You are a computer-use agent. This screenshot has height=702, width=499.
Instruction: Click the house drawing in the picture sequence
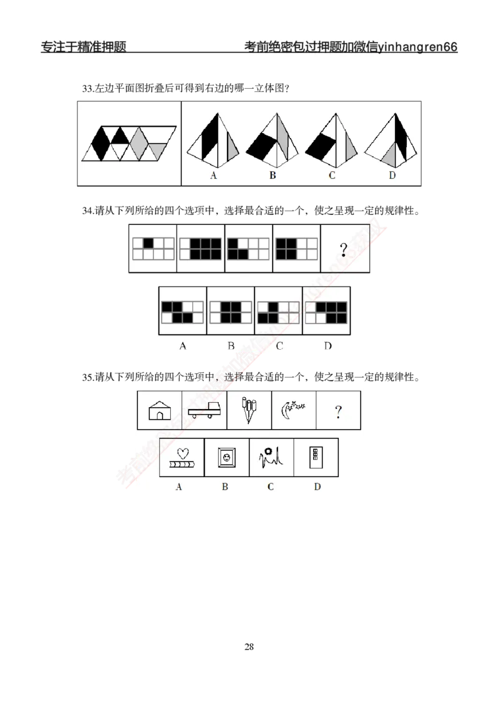[x=160, y=410]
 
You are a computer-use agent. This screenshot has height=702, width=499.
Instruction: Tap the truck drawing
[x=204, y=411]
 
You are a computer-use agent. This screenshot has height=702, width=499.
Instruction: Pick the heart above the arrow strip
[x=182, y=453]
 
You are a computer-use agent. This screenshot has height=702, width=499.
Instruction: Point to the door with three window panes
[x=316, y=458]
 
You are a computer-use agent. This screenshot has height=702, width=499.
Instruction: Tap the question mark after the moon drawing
[x=338, y=412]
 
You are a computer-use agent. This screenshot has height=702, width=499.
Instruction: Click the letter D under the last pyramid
[x=392, y=176]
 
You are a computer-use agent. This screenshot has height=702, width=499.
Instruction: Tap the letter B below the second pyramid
[x=273, y=176]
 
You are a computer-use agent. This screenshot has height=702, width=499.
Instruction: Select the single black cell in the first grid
[x=148, y=244]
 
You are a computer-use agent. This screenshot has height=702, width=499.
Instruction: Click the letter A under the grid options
[x=182, y=345]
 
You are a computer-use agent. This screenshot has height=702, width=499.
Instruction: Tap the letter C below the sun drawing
[x=270, y=487]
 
